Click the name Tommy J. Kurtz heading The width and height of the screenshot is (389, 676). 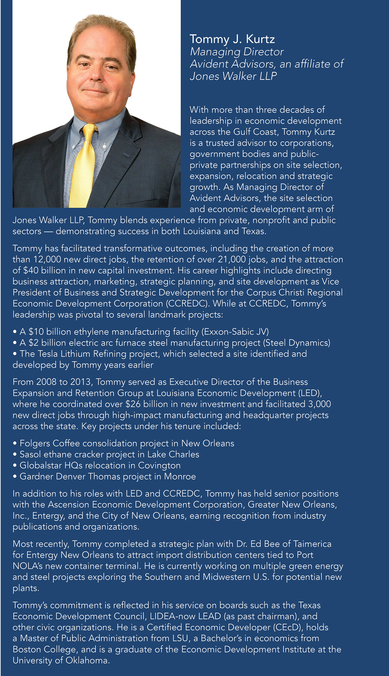pos(232,39)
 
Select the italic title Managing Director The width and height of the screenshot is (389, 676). pos(236,52)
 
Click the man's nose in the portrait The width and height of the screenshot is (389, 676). pos(96,74)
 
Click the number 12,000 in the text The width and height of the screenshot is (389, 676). pos(47,259)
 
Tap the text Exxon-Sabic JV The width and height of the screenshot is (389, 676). pos(235,332)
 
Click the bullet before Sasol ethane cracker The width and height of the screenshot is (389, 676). pos(15,455)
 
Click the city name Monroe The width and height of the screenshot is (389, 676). pos(180,476)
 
